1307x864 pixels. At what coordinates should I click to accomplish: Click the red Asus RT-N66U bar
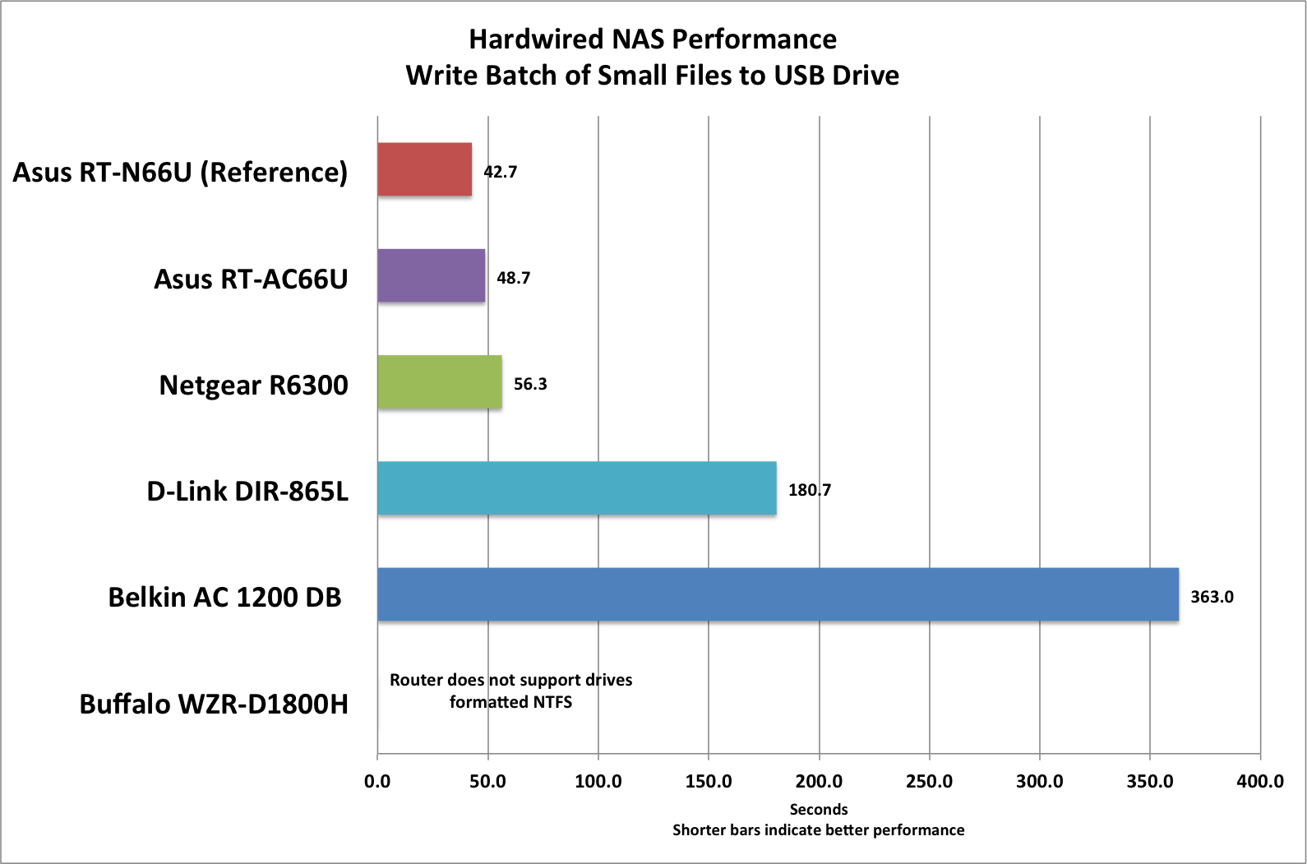[424, 169]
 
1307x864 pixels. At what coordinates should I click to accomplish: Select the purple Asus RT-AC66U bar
[431, 275]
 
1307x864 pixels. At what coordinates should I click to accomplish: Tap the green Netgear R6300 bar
[439, 381]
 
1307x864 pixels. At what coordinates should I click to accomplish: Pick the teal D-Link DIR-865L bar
[576, 488]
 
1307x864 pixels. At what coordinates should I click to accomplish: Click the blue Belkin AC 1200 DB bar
[778, 594]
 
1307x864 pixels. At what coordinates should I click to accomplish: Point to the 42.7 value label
[500, 172]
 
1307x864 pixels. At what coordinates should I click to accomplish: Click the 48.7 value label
[513, 278]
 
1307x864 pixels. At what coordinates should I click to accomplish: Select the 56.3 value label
[530, 384]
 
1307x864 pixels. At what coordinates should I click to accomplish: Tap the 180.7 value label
[810, 490]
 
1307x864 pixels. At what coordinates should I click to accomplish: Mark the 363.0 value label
[1212, 597]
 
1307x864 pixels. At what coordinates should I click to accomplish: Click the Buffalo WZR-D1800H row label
[214, 704]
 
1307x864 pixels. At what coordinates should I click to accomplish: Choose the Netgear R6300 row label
[253, 385]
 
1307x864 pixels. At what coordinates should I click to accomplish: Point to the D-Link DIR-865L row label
[247, 491]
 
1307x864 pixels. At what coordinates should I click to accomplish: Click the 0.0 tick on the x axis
[377, 781]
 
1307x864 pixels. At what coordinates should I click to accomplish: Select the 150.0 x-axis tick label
[709, 781]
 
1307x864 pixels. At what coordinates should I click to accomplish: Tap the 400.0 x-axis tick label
[1259, 781]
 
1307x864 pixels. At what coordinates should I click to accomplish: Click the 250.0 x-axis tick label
[929, 781]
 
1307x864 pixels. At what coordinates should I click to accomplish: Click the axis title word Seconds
[818, 810]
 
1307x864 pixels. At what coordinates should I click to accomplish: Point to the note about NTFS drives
[510, 691]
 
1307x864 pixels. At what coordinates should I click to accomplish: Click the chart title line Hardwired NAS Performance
[653, 39]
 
